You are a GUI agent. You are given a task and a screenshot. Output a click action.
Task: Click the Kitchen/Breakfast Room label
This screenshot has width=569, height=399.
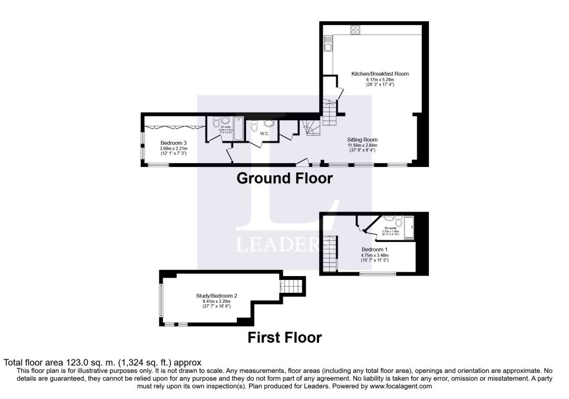tap(372, 73)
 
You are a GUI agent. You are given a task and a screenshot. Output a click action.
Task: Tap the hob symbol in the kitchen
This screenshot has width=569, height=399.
tap(355, 30)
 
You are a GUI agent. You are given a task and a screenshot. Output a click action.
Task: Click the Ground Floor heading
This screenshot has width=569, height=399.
tap(284, 178)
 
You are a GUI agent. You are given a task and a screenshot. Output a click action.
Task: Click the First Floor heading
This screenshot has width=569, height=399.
tap(284, 337)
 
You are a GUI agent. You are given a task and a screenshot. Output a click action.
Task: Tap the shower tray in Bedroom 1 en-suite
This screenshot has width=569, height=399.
tap(410, 226)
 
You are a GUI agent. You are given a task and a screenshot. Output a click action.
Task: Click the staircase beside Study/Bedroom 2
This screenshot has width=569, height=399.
tap(292, 287)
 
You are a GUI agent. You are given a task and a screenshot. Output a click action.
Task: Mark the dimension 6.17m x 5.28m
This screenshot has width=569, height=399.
tap(372, 80)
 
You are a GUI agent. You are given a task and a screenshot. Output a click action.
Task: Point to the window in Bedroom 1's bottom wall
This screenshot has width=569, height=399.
tap(378, 273)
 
